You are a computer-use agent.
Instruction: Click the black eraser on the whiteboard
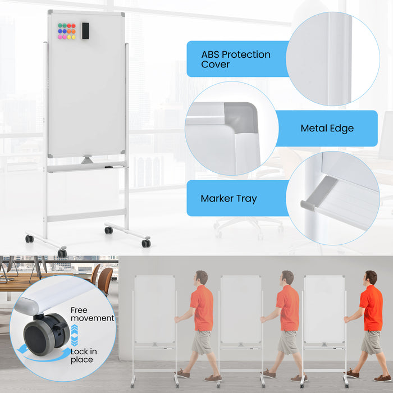tap(85, 31)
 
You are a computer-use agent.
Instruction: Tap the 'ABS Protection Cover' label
tap(236, 59)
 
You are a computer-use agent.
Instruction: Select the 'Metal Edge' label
tap(327, 129)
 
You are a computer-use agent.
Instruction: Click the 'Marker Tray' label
tap(229, 199)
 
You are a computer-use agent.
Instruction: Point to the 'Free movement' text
tap(92, 314)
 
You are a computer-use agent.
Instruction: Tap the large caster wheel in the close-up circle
tap(42, 333)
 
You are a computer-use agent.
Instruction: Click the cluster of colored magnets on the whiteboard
tap(67, 31)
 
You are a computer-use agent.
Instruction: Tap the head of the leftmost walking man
tap(201, 277)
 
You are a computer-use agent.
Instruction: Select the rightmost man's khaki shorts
tap(371, 342)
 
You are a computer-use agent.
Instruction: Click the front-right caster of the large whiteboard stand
tap(146, 243)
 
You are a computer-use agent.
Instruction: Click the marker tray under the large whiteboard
tap(86, 167)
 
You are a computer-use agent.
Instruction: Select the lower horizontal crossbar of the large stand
tap(86, 216)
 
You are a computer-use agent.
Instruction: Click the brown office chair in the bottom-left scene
tap(104, 280)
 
